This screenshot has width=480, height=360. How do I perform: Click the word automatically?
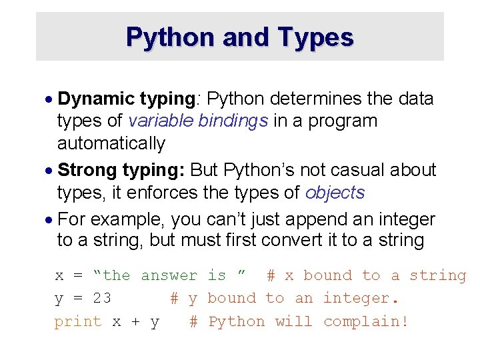point(111,143)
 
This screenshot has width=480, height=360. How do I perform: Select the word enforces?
point(159,193)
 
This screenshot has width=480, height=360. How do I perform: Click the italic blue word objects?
point(335,193)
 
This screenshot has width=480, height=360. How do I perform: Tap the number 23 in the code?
point(101,299)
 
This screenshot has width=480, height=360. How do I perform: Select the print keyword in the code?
point(79,322)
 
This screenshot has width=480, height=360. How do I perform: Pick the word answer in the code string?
point(169,275)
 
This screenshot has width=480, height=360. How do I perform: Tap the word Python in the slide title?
point(170,37)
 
